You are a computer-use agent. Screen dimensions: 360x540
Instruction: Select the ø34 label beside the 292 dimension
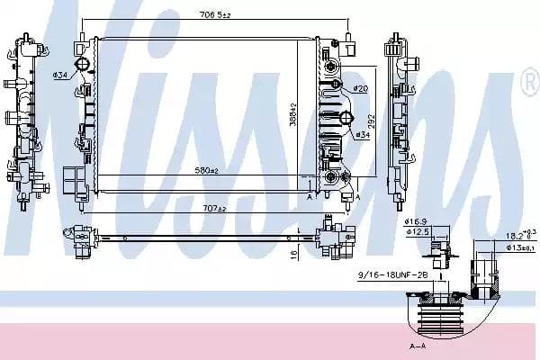(362, 134)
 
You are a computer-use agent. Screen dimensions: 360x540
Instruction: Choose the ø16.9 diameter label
(414, 220)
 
